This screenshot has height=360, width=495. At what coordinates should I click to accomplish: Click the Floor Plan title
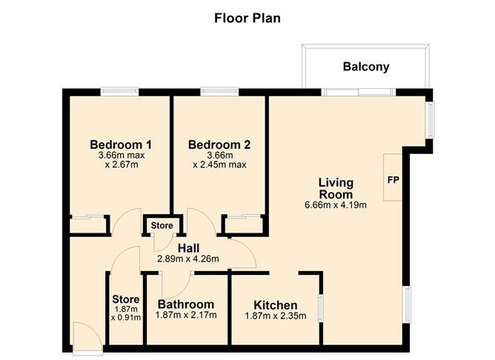click(247, 17)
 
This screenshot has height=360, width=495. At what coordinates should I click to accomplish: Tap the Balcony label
click(365, 67)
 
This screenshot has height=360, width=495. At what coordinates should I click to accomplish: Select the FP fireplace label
click(392, 180)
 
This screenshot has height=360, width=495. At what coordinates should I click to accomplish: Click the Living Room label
click(336, 187)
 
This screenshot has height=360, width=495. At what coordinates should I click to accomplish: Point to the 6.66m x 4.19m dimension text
click(336, 205)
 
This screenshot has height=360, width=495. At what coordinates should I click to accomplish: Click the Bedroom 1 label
click(121, 144)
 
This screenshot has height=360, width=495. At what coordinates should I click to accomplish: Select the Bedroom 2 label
click(219, 144)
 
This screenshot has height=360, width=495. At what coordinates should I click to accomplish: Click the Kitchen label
click(275, 305)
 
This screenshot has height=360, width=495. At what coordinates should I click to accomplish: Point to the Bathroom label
click(186, 304)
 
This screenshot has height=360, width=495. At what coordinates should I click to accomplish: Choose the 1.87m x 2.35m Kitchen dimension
click(275, 316)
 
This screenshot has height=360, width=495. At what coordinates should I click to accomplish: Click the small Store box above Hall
click(162, 225)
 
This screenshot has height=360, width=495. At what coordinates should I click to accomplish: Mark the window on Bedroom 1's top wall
click(120, 92)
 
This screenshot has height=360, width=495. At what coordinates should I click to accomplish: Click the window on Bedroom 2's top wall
click(218, 92)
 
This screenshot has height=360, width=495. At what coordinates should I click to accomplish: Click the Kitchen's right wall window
click(320, 307)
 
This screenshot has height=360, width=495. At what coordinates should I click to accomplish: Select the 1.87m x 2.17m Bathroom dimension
click(186, 316)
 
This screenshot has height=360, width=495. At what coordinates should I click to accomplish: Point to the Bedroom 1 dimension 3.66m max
click(121, 156)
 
